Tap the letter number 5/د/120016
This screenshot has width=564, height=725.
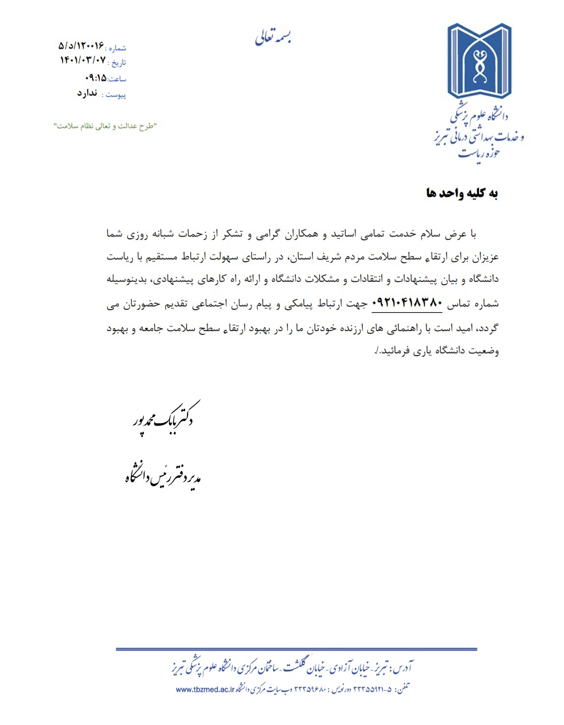coord(81,45)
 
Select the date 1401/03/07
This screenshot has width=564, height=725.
coord(83,60)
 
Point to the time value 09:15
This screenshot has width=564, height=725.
coord(95,77)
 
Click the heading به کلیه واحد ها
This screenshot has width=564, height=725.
coord(462,193)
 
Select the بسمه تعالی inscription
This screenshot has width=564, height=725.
coord(274,38)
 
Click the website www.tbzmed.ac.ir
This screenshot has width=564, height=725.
coord(205,689)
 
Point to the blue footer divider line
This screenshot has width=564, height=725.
coord(296,649)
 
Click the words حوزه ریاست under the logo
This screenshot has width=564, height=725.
coord(479,153)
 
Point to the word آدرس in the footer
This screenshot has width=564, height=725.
coord(403,668)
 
